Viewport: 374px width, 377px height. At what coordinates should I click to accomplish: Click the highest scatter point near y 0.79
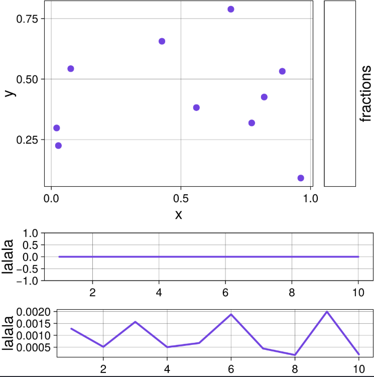pos(231,9)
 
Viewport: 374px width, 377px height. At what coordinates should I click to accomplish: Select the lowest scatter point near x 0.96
pos(301,178)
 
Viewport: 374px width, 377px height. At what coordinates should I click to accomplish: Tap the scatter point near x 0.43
pos(162,41)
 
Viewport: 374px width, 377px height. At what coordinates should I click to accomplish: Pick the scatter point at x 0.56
pos(196,107)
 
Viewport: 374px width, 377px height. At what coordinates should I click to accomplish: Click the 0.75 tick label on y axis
pos(28,19)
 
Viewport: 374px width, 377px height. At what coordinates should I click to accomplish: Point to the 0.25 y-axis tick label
pos(28,140)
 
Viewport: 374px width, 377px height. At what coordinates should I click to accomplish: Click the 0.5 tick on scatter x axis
pos(181,198)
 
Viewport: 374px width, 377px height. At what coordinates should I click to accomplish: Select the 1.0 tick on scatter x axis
pos(311,198)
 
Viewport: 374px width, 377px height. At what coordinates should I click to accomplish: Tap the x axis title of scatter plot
pos(178,215)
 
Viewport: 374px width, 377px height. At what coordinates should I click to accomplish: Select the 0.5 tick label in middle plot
pos(30,245)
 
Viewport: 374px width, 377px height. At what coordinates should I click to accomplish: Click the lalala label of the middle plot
pos(8,257)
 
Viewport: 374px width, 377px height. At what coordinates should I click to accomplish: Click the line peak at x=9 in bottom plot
pos(327,312)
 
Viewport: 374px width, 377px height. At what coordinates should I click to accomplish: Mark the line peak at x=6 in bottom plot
pos(231,314)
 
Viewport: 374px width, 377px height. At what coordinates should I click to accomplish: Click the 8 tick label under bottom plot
pos(295,367)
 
